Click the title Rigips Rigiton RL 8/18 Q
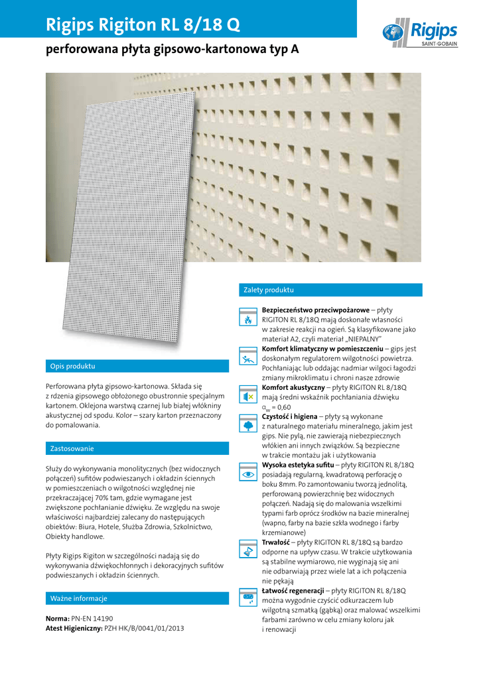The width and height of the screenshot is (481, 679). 143,25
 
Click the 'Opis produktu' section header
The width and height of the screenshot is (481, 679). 73,366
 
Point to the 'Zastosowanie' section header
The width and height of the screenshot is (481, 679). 72,449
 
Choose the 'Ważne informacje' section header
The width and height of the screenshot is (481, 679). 79,598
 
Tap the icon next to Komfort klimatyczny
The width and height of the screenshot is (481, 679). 248,356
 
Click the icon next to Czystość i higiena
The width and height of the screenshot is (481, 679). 248,423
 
